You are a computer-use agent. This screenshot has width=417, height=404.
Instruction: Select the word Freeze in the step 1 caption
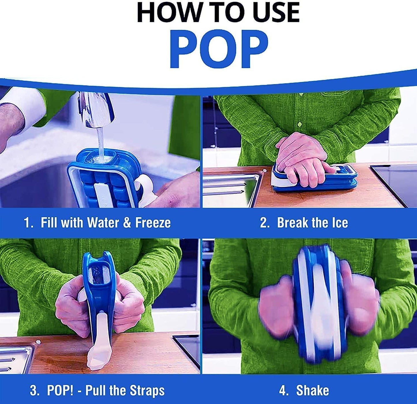pyautogui.click(x=153, y=223)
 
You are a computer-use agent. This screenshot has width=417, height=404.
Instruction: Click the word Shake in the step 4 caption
pyautogui.click(x=313, y=391)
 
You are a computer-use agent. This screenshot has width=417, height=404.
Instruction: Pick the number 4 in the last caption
pyautogui.click(x=283, y=391)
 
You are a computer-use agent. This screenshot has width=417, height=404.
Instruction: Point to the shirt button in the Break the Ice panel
pyautogui.click(x=300, y=124)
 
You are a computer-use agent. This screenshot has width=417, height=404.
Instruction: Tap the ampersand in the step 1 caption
pyautogui.click(x=127, y=223)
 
